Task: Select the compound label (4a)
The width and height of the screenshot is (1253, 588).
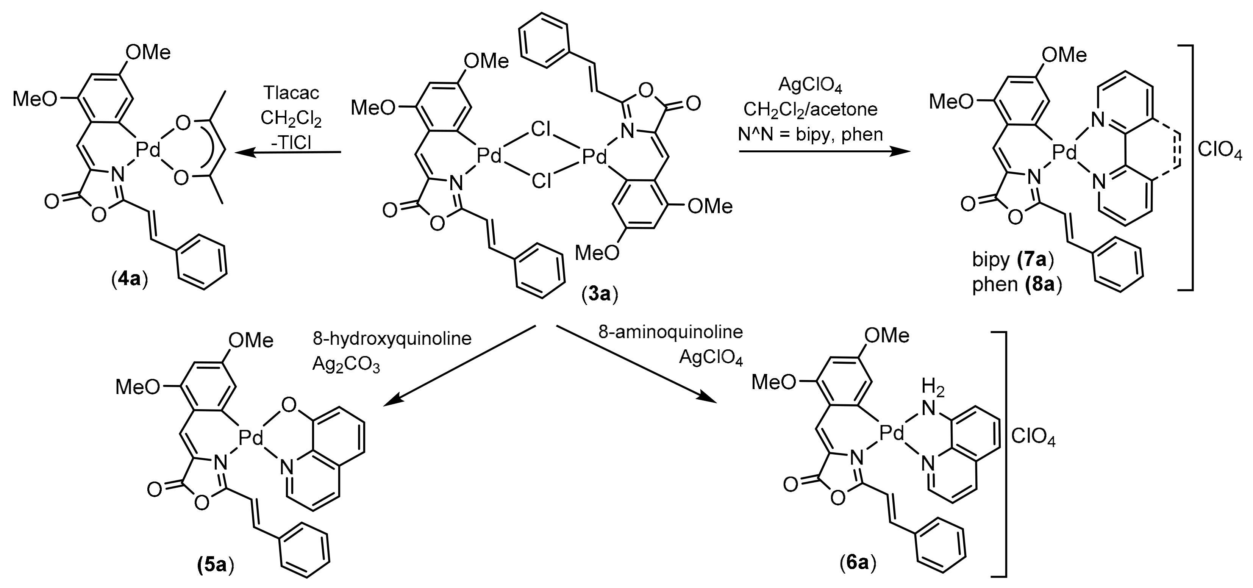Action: pos(130,281)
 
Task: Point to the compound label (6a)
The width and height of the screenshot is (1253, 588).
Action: pos(858,563)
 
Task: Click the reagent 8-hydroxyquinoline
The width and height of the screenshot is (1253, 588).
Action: pos(392,338)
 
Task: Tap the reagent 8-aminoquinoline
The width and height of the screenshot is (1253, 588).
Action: pos(670,332)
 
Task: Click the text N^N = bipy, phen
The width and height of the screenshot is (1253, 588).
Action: pos(810,134)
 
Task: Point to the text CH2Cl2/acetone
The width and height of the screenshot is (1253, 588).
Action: pos(810,109)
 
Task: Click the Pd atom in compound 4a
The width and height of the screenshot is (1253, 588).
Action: pos(148,150)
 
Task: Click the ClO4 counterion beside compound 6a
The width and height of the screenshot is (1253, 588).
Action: pos(1033,437)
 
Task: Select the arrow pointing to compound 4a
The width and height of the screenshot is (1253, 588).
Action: pos(287,153)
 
